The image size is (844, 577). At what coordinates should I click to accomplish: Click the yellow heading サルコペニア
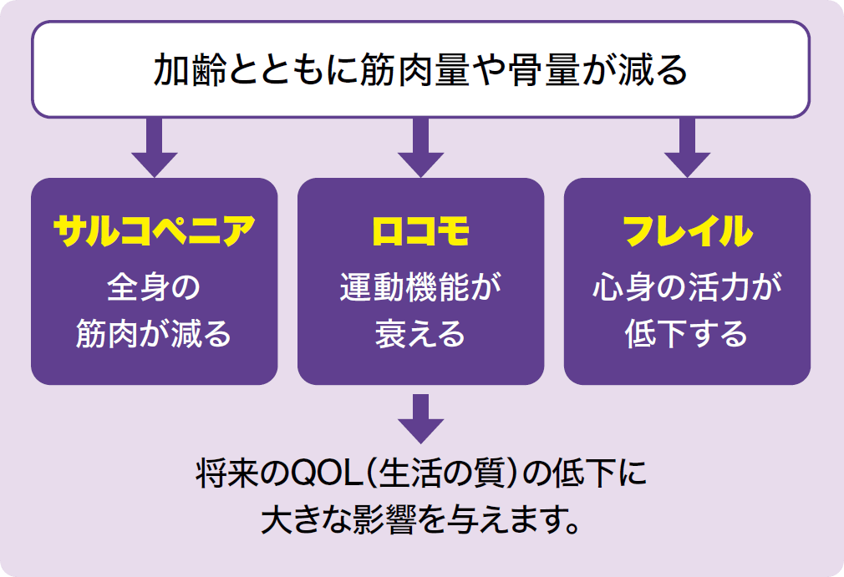tap(154, 231)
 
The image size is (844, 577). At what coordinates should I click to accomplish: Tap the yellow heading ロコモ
tap(420, 231)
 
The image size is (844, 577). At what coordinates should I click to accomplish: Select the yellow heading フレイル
tap(688, 231)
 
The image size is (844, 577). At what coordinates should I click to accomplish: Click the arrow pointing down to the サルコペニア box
tap(155, 147)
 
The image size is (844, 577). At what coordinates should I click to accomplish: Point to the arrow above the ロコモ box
tap(421, 147)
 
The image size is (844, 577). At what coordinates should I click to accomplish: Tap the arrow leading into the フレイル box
tap(688, 147)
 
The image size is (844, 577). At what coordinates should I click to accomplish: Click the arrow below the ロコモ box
tap(421, 418)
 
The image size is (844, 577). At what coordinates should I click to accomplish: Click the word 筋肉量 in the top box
tap(414, 70)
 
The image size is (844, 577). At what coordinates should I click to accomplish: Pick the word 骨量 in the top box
tap(544, 70)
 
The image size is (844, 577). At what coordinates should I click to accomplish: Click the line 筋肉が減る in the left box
tap(154, 333)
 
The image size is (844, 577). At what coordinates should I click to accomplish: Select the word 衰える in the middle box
tap(420, 333)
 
